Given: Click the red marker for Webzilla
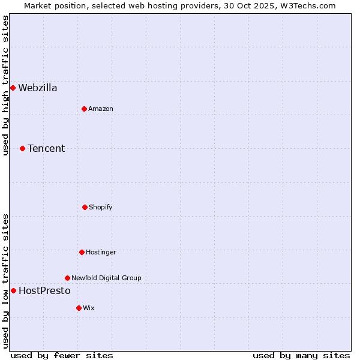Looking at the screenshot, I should point(13,88).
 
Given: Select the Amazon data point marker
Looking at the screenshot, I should point(84,109).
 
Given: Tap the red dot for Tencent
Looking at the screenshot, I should point(22,148).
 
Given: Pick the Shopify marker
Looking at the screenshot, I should point(85,207).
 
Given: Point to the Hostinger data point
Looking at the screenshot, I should point(82,252).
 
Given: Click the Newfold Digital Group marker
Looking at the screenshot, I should point(67,278).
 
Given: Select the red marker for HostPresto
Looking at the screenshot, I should point(13,290).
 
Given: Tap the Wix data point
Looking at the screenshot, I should point(79,308).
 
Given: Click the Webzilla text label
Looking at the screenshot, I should point(38,88).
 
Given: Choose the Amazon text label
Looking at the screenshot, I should point(101,109).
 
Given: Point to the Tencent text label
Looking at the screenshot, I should point(46,148).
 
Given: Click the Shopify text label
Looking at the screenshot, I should point(101,207).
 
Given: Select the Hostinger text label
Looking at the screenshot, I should point(101,252).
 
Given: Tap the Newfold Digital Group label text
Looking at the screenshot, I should point(106,278).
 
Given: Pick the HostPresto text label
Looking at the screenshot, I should point(44,290).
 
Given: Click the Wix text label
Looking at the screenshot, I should point(89,308).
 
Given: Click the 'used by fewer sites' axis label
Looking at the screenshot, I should point(62,355).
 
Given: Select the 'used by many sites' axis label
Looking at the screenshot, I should point(301,355).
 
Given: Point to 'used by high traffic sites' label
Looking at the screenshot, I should point(5,85).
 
